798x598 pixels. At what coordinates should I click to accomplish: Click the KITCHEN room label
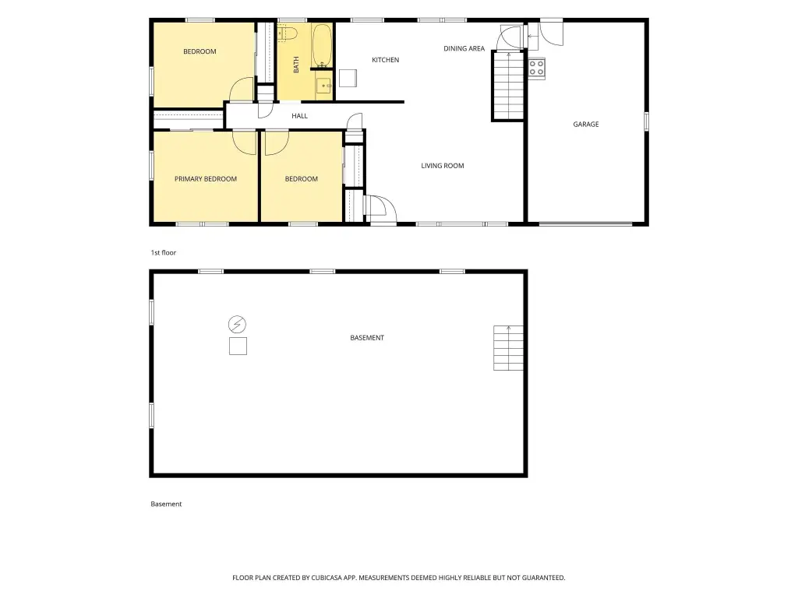point(385,60)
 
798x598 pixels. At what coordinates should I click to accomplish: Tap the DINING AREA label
point(464,49)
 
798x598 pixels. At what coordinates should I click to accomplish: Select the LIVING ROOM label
point(443,166)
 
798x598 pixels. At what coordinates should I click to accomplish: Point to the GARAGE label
point(586,124)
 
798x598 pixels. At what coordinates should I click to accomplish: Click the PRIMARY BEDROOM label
point(206,179)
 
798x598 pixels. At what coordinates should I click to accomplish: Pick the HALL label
point(300,116)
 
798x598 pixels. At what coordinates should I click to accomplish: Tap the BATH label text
point(296,65)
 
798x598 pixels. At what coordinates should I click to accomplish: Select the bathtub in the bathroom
point(322,46)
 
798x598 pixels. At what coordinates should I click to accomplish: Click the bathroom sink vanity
point(324,86)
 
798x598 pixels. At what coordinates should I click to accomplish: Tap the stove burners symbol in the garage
point(536,69)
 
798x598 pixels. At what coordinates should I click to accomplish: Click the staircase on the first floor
point(508,86)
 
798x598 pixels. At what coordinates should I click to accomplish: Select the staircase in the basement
point(508,348)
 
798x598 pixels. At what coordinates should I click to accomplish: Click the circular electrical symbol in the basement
point(237,324)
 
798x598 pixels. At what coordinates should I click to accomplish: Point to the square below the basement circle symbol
point(238,346)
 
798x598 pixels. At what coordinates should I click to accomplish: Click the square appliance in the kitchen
point(348,79)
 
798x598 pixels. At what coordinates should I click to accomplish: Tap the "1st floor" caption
point(164,253)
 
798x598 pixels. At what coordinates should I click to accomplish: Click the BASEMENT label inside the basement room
point(367,338)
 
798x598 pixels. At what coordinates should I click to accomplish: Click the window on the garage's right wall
point(646,122)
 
